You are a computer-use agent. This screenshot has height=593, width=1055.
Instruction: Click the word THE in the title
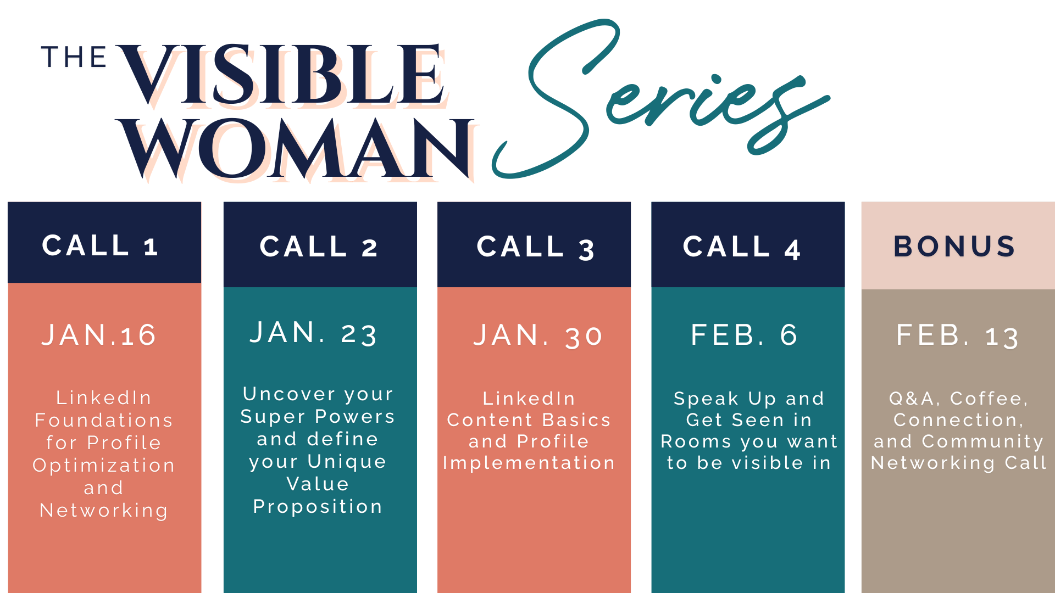click(74, 57)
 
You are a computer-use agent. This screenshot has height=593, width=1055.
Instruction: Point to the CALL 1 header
click(101, 245)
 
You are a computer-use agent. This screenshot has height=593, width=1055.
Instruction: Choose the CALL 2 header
click(319, 247)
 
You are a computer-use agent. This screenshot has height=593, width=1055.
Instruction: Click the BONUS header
click(955, 247)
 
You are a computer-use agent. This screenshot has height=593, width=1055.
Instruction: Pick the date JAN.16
click(99, 335)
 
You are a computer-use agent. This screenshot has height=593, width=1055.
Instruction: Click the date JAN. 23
click(313, 333)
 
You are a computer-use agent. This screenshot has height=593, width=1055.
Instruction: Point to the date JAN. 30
click(538, 335)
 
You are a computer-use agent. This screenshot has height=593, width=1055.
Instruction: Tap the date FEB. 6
click(744, 335)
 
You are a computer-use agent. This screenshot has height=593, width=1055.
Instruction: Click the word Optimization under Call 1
click(104, 466)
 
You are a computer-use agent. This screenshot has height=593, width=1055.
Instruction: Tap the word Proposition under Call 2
click(318, 507)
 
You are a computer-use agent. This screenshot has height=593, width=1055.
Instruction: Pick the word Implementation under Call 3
click(529, 463)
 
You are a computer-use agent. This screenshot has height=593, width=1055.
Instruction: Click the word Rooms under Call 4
click(696, 441)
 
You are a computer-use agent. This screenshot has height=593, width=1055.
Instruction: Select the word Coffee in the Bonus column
click(989, 399)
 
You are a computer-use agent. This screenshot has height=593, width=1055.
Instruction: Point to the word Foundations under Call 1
click(104, 421)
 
